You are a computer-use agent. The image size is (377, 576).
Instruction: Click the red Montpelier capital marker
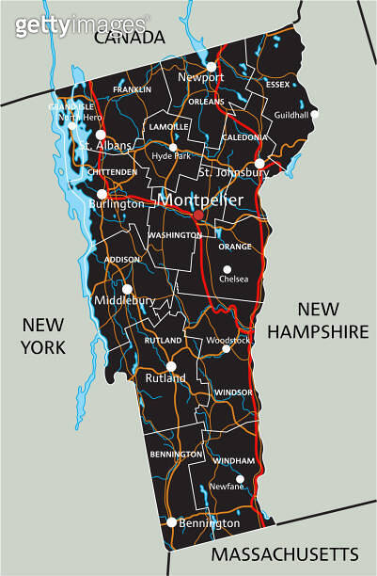(x=197, y=215)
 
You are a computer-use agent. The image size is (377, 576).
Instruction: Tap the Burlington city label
(x=117, y=203)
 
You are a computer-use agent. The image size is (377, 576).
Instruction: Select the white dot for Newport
(x=212, y=66)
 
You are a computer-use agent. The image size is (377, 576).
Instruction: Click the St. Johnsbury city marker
(x=259, y=163)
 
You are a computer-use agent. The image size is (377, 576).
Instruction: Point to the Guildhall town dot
(x=314, y=114)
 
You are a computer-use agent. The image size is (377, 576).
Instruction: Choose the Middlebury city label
(x=124, y=300)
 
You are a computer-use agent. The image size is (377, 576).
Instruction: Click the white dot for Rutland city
(x=171, y=366)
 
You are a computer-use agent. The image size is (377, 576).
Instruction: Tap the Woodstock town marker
(x=226, y=348)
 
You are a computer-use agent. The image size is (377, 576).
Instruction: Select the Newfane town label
(x=226, y=487)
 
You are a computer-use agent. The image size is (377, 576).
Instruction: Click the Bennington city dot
(x=171, y=521)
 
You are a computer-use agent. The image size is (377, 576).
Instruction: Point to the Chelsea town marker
(x=227, y=269)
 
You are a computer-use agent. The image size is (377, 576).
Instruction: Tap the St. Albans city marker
(x=101, y=135)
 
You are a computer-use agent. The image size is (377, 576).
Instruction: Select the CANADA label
(x=128, y=37)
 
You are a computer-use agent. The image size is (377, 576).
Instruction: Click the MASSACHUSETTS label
(x=284, y=552)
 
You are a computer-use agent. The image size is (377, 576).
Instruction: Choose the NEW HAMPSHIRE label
(x=318, y=320)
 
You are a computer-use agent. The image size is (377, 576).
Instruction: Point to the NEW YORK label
(x=43, y=336)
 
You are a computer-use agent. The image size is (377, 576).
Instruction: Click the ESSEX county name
(x=278, y=84)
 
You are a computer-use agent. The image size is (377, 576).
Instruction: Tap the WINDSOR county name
(x=233, y=392)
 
